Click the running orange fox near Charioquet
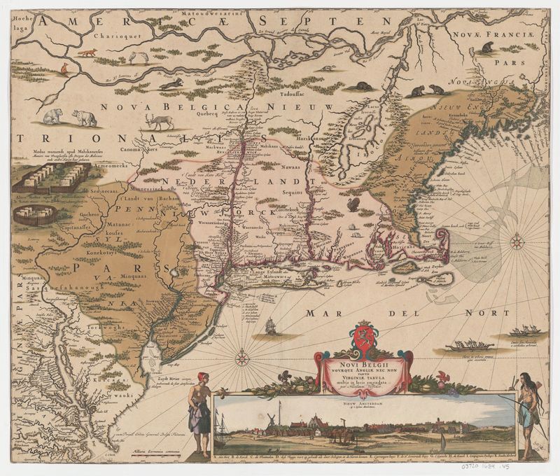88,52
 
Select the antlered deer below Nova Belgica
160,121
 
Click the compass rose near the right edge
517,243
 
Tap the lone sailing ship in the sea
271,326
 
